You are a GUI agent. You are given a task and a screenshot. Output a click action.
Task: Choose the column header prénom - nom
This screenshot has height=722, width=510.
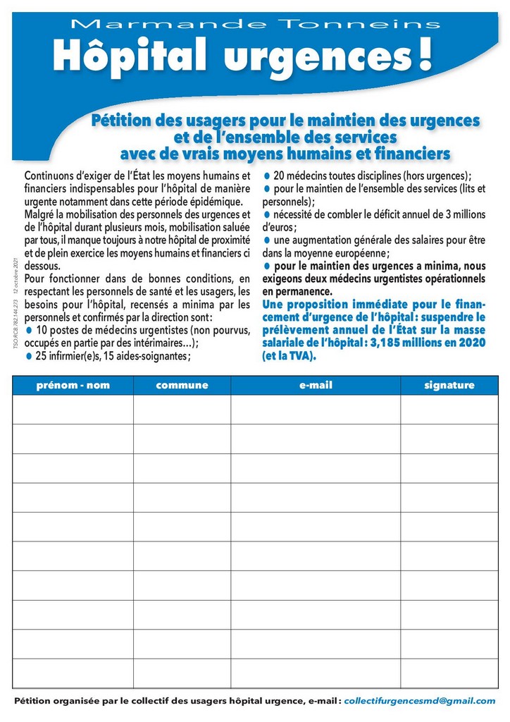(x=73, y=385)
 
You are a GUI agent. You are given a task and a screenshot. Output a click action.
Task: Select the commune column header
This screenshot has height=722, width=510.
(x=182, y=385)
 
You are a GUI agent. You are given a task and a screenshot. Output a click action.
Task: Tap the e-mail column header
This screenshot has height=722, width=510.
(x=316, y=385)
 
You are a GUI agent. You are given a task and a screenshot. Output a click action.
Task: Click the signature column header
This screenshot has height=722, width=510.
(x=449, y=385)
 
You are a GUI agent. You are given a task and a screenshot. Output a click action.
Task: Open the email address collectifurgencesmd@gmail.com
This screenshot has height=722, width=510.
(x=420, y=700)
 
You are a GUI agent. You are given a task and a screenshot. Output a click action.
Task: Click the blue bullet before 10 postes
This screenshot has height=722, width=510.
(x=29, y=330)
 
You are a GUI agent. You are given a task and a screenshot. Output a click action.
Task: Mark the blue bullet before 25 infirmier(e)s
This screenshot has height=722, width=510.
(x=29, y=355)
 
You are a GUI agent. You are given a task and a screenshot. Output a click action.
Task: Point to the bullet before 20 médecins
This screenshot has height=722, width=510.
(x=267, y=176)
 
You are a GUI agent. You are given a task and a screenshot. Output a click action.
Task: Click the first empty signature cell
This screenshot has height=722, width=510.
(x=449, y=410)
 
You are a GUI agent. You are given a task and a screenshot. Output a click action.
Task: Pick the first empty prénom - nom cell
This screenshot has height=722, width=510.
(x=73, y=410)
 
